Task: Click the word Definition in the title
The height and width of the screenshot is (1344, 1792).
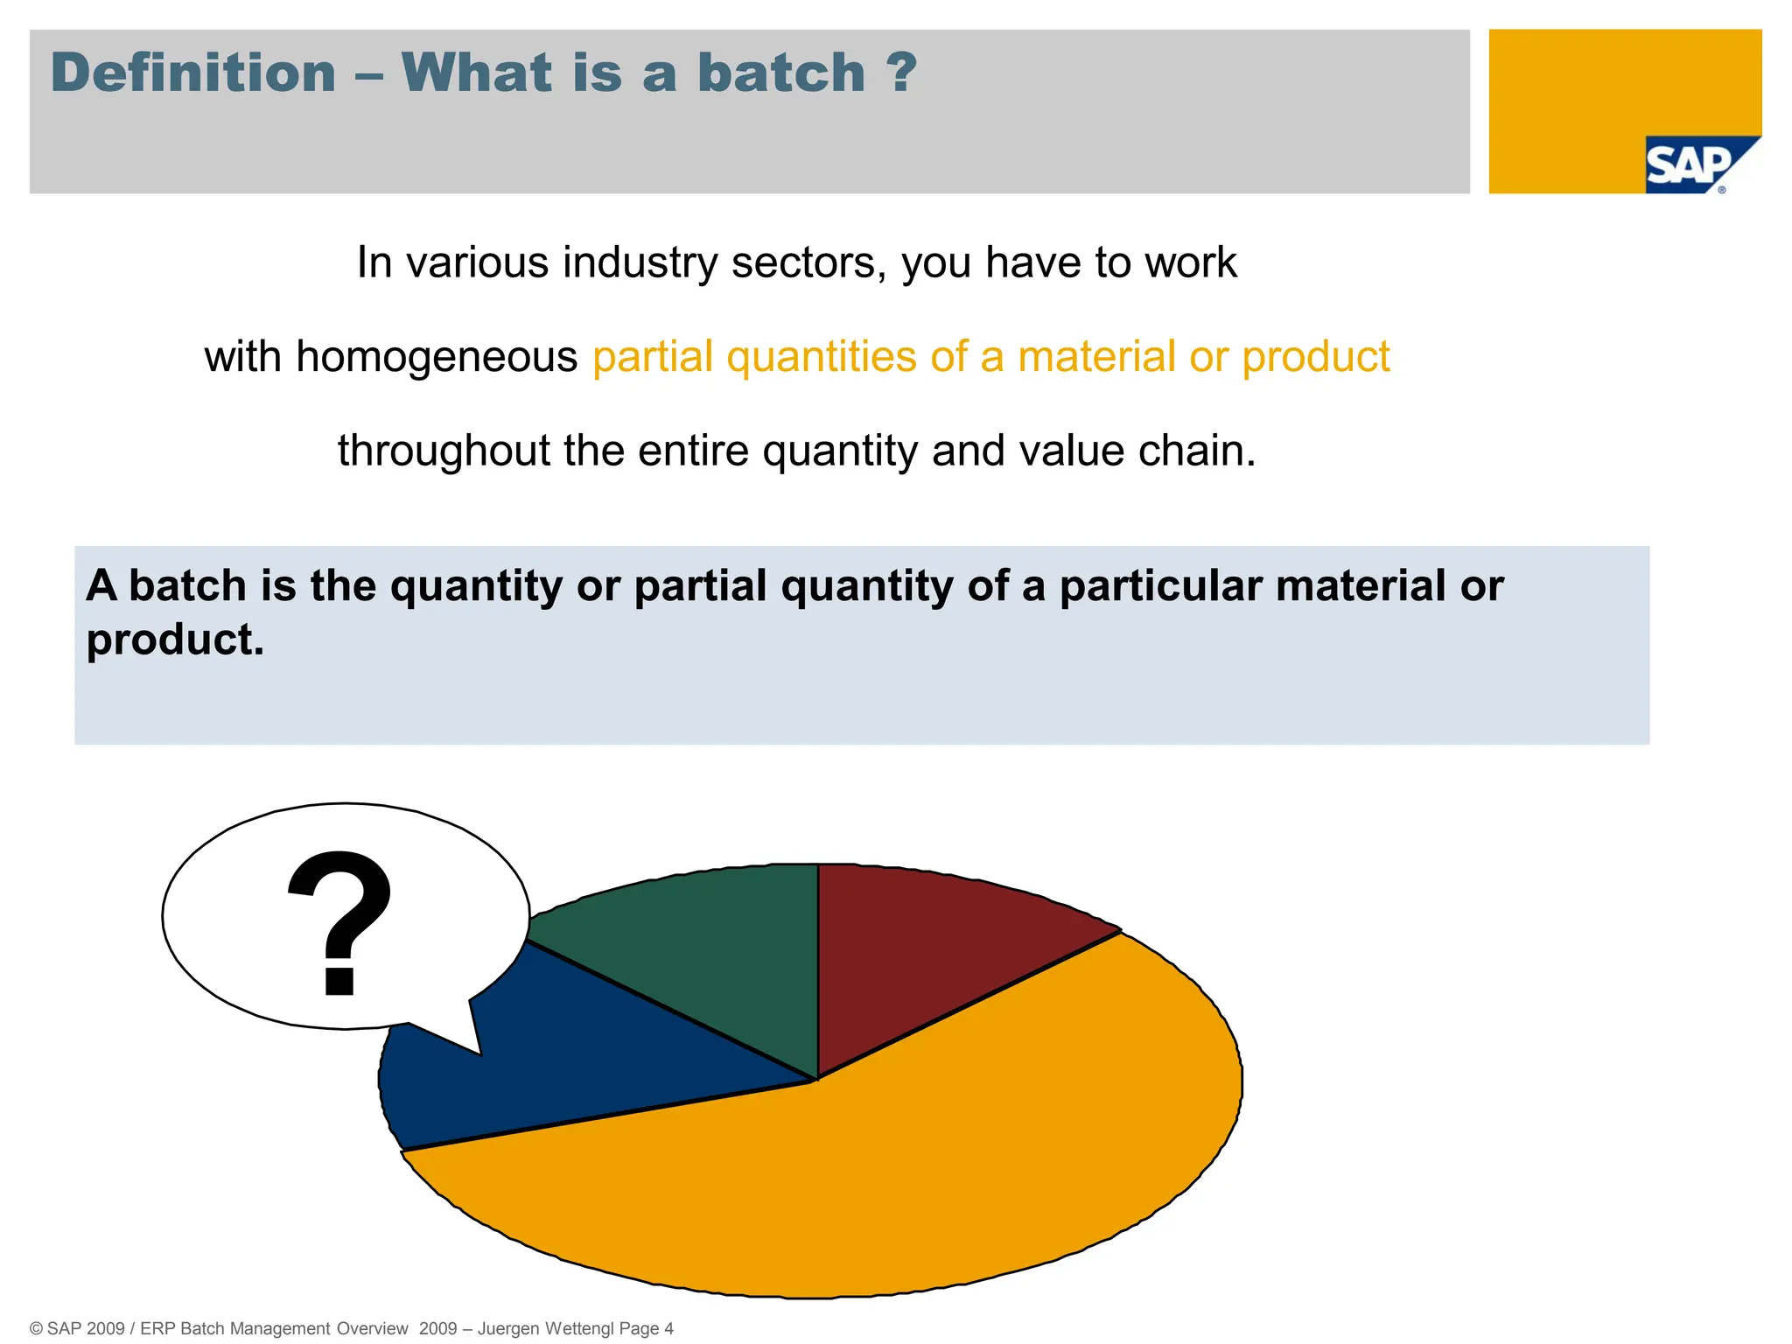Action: coord(193,73)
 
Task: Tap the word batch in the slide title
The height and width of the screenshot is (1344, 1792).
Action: coord(780,73)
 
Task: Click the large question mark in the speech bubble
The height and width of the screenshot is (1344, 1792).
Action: coord(340,923)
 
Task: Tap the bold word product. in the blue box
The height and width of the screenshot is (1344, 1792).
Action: coord(175,640)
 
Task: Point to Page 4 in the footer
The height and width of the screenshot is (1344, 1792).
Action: coord(647,1328)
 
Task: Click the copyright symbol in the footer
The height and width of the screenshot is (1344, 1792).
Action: coord(36,1329)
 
